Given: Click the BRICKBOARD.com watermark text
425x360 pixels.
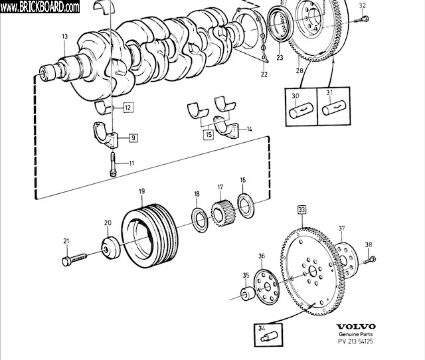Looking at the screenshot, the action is pos(40,7).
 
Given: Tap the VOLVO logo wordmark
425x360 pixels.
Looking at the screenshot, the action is pos(356,327).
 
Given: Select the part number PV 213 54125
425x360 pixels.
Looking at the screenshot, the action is pos(356,341).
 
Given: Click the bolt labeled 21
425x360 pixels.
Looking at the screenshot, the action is pos(74,259).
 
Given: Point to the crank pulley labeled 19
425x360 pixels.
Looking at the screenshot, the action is pos(149,235).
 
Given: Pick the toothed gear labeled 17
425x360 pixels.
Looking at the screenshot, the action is pos(223,213).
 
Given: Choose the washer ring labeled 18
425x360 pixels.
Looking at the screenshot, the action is pos(200,220).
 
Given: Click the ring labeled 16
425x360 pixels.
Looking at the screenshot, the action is pos(246,205).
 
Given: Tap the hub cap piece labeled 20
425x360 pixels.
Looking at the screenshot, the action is pos(111,248).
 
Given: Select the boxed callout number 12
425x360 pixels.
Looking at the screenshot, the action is pos(128,108).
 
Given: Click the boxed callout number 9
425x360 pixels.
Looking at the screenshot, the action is pos(133,137).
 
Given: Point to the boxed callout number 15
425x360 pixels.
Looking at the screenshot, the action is pos(209,134).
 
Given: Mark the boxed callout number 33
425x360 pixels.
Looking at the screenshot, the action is pos(301,209).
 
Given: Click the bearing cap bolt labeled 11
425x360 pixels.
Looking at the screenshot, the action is pos(112,164).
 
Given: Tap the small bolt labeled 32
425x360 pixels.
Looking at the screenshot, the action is pos(361,19).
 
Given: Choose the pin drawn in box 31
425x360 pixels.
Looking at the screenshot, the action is pos(334,108).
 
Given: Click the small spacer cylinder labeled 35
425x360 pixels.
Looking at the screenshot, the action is pos(248,294).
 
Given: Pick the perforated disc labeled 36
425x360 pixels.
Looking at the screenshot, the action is pos(267,286).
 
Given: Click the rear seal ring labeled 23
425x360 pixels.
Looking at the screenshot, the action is pos(280,25).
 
